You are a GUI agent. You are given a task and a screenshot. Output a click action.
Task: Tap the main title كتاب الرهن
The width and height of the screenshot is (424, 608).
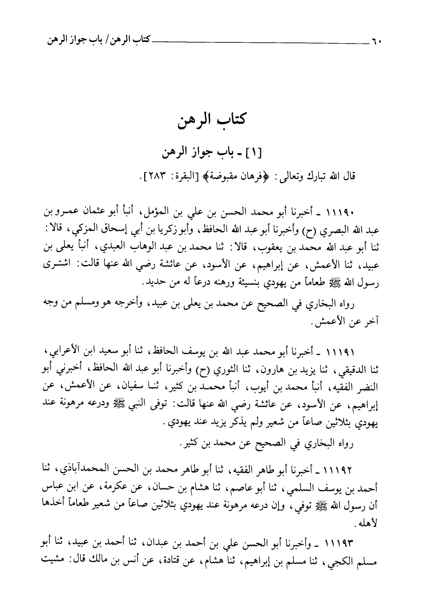[212, 121]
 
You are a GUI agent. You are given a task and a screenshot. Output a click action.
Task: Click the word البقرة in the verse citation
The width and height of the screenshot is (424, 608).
[185, 177]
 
